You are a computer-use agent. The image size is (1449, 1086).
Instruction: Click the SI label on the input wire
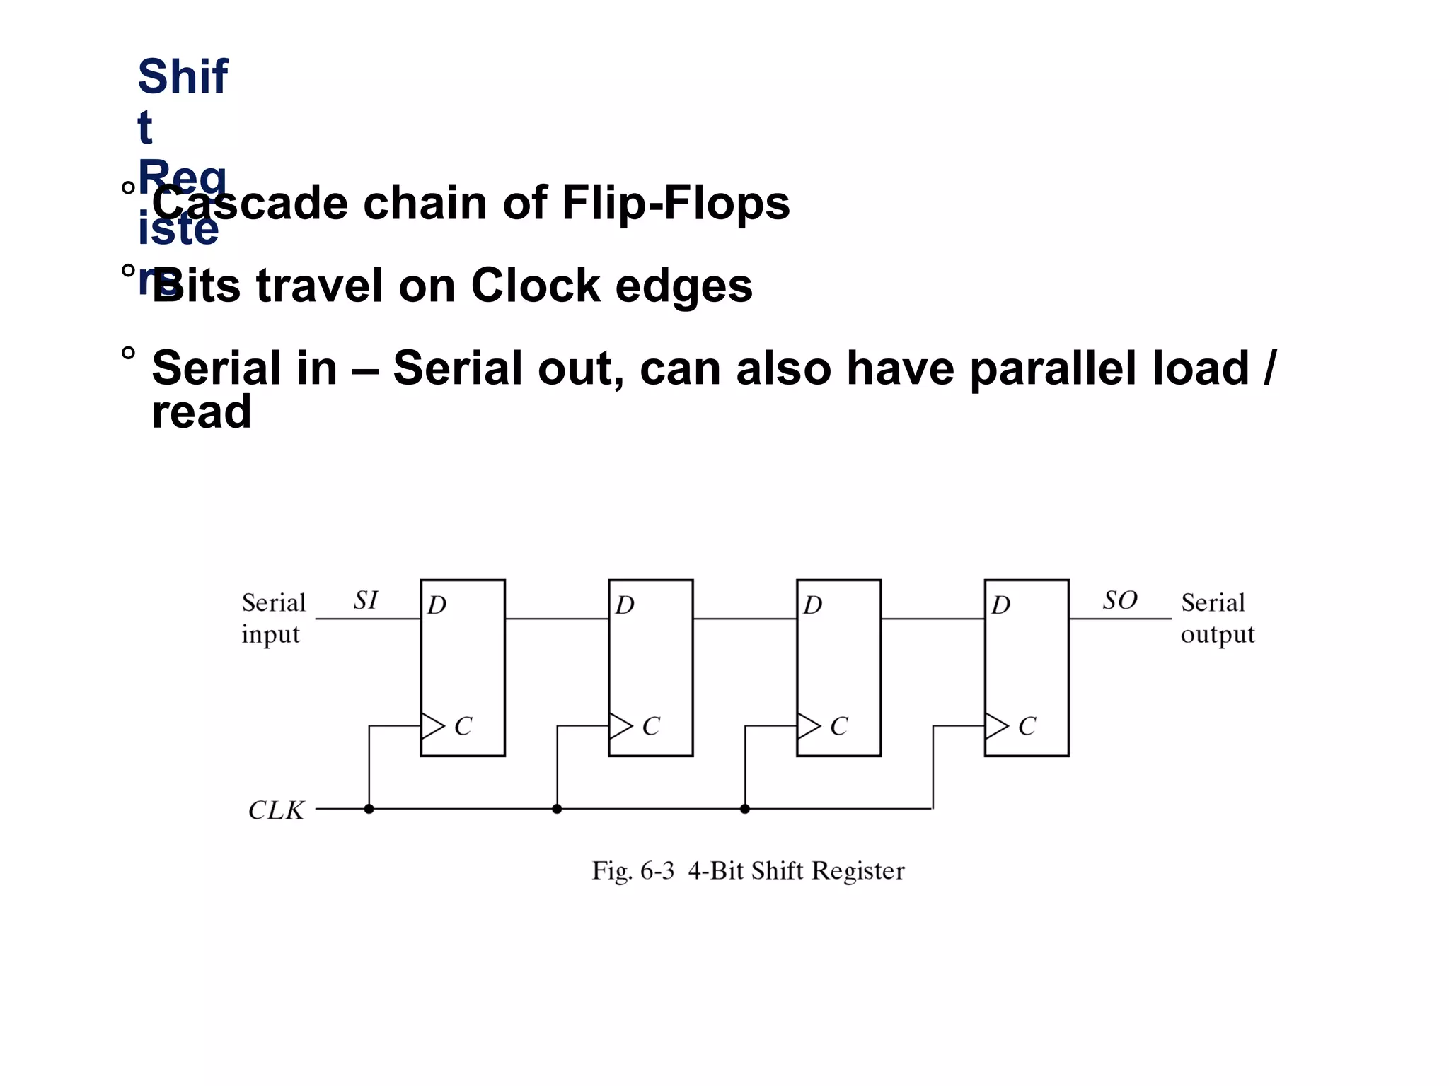366,600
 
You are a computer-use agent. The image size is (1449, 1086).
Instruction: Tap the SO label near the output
1119,600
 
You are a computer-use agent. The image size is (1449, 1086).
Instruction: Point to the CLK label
276,810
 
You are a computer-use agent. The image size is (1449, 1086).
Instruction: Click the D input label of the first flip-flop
437,605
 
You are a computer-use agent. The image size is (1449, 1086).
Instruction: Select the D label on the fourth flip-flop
1001,605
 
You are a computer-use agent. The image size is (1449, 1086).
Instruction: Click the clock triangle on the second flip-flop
620,726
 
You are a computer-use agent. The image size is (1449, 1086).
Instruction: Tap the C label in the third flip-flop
839,726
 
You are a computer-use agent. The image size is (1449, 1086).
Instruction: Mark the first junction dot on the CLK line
369,809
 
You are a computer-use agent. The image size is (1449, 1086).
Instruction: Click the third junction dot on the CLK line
745,809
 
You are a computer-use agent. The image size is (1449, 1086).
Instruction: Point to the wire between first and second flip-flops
557,619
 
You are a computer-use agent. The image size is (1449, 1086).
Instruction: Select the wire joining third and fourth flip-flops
933,619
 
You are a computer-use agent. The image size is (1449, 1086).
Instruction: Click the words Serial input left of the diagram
273,618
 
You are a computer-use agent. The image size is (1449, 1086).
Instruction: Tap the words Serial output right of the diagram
1217,618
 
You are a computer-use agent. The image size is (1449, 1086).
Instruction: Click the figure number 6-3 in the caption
657,870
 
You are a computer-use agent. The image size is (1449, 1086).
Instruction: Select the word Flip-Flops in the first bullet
676,203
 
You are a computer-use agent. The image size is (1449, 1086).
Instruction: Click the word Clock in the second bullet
535,286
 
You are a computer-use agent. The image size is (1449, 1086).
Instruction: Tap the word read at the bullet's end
202,411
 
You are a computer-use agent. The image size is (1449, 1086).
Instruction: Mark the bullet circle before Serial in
128,353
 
